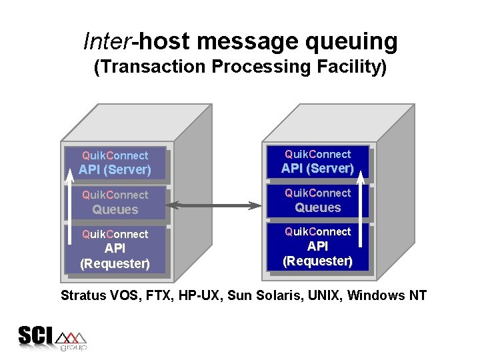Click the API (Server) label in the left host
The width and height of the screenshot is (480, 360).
click(x=115, y=170)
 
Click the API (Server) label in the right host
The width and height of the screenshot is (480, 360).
click(x=317, y=169)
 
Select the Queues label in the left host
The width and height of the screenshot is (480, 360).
click(x=115, y=209)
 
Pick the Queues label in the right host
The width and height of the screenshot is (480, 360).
click(x=317, y=208)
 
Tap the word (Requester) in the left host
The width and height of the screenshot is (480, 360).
click(x=115, y=263)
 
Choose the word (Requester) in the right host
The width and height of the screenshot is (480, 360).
click(x=317, y=261)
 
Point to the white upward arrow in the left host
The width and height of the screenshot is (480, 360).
click(x=71, y=200)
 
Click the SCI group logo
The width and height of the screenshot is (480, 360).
click(x=52, y=338)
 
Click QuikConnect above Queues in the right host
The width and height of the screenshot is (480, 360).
click(x=317, y=193)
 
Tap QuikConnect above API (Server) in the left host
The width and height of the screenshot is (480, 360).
click(x=115, y=155)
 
